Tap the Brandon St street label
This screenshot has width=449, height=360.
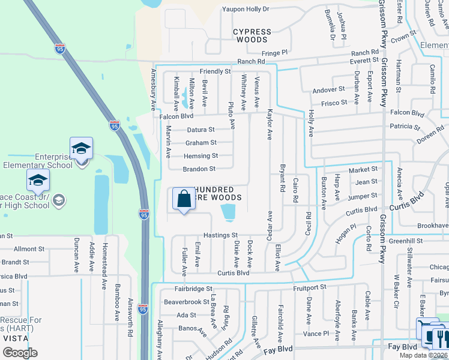point(199,169)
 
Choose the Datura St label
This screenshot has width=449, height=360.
point(200,130)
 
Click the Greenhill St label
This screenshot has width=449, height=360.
point(405,241)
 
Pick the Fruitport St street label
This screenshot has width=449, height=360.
point(310,287)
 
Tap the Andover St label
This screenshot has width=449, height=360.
point(329,91)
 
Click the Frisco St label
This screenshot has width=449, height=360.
point(334,103)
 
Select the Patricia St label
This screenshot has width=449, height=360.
point(405,127)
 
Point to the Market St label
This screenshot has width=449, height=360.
point(362,170)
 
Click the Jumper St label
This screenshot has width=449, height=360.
point(362,196)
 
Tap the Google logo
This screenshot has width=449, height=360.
point(20,353)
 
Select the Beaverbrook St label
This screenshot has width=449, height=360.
point(185,302)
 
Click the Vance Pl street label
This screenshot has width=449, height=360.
point(316,334)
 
